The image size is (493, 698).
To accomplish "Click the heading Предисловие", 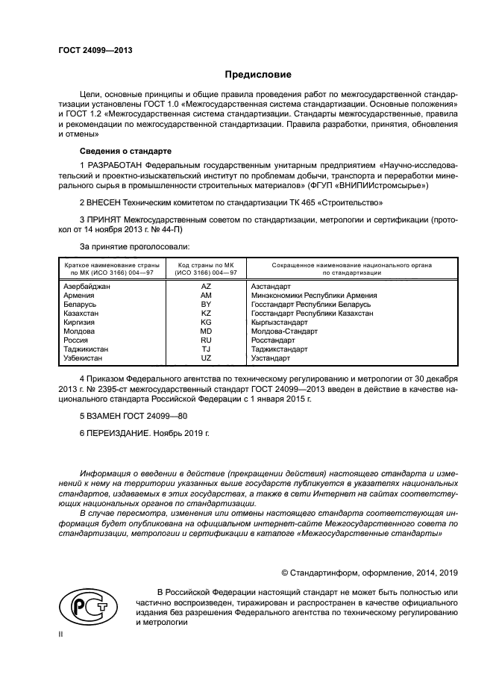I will (x=259, y=75).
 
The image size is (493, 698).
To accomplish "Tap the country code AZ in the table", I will (x=207, y=287).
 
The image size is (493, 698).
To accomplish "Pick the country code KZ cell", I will (x=207, y=314).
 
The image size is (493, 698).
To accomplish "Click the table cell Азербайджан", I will (x=87, y=287).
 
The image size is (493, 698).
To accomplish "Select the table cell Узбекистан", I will (x=84, y=358).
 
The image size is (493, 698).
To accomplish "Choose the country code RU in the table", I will (x=207, y=340).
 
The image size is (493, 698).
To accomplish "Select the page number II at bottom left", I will (x=62, y=635).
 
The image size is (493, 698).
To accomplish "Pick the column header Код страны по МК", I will (x=207, y=265).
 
